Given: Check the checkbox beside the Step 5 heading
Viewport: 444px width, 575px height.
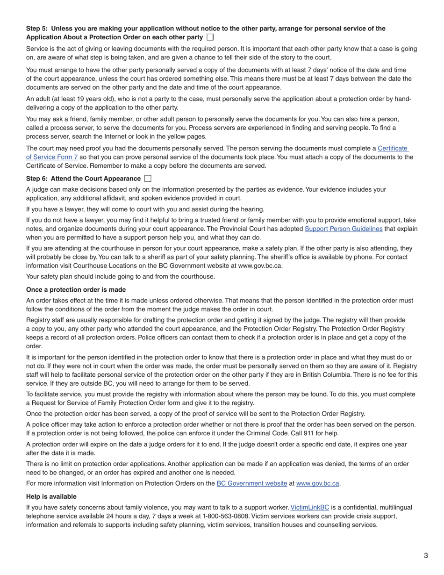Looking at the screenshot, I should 210,37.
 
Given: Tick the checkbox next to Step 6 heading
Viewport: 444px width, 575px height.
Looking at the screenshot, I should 148,179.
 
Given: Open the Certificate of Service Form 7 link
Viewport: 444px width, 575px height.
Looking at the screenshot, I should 393,149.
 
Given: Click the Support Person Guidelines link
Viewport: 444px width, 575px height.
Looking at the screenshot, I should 343,229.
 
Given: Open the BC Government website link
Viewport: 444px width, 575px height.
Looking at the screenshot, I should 251,483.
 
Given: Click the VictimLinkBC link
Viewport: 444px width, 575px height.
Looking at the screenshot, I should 309,508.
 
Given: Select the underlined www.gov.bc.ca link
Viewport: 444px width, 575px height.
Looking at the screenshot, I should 317,483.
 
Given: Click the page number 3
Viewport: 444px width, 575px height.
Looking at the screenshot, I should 426,555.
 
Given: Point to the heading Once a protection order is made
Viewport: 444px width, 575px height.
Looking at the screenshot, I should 76,290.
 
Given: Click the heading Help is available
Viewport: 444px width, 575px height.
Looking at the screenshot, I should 51,496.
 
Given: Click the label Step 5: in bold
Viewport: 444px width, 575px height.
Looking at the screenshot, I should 37,29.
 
